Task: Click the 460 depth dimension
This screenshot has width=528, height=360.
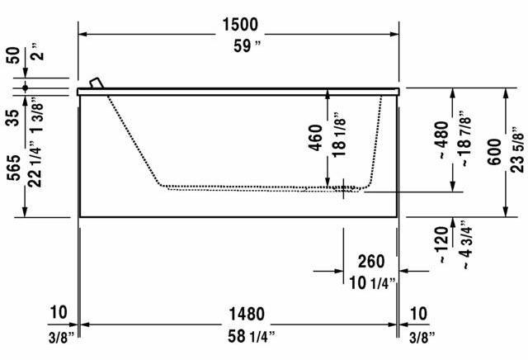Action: coord(314,137)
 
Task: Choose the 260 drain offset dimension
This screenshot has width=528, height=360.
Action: coord(370,262)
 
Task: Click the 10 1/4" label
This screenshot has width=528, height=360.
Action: coord(370,284)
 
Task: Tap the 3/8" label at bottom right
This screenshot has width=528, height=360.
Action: coord(420,336)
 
